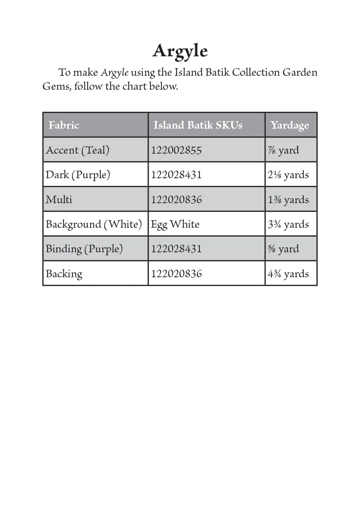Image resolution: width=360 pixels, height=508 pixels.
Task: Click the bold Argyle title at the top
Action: pos(180,51)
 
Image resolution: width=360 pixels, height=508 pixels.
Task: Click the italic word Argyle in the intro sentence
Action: pos(114,72)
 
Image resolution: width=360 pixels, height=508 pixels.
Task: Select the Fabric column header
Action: pos(64,125)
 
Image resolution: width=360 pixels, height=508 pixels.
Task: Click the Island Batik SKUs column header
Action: pos(198,125)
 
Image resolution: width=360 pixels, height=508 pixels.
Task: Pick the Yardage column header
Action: pos(290,125)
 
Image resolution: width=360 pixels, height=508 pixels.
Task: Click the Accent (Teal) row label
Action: pos(78,150)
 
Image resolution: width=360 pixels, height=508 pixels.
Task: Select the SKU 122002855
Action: pos(176,150)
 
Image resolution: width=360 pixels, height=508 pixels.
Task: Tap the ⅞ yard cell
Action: pos(283,150)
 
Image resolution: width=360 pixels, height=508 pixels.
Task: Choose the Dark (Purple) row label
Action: pos(78,175)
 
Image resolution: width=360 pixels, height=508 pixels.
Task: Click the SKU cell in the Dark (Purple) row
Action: pos(176,175)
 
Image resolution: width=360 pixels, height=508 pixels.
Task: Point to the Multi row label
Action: pos(59,199)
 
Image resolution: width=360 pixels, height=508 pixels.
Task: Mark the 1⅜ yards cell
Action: pos(288,199)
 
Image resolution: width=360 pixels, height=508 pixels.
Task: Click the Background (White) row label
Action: pos(94,224)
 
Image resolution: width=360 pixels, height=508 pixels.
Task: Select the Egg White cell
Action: pos(175,224)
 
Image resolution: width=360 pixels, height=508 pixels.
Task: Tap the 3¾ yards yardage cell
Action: pos(288,224)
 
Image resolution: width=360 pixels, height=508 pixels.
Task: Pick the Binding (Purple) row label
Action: pos(84,248)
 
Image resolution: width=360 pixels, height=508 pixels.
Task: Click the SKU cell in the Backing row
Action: pos(176,273)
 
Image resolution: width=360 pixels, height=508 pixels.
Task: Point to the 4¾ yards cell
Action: pos(288,273)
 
